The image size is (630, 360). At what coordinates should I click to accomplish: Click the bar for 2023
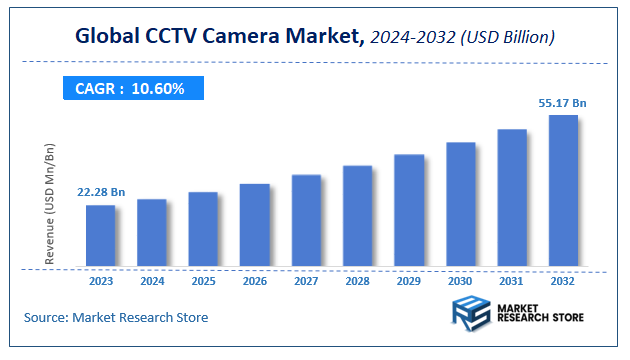click(x=100, y=236)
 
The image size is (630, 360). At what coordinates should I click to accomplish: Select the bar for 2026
click(x=255, y=225)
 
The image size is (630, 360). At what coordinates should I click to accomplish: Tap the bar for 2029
click(x=409, y=210)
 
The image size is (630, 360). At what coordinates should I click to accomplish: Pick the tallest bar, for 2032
click(x=563, y=191)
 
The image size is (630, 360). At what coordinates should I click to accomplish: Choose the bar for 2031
click(x=512, y=198)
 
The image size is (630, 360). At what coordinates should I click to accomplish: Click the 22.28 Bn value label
click(x=101, y=192)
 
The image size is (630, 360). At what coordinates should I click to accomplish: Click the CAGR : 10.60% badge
click(x=130, y=89)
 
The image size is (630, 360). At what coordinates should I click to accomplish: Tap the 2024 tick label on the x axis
click(x=152, y=282)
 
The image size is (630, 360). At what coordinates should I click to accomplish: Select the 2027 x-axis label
click(x=306, y=282)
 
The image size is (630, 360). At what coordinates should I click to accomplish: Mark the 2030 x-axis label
click(x=460, y=282)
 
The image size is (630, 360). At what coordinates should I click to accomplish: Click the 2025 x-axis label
click(x=203, y=282)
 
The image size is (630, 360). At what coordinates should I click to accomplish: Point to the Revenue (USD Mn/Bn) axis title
click(x=50, y=203)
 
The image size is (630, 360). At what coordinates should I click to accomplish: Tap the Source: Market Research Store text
click(x=116, y=318)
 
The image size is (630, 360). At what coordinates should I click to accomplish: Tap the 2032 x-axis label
click(x=563, y=282)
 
